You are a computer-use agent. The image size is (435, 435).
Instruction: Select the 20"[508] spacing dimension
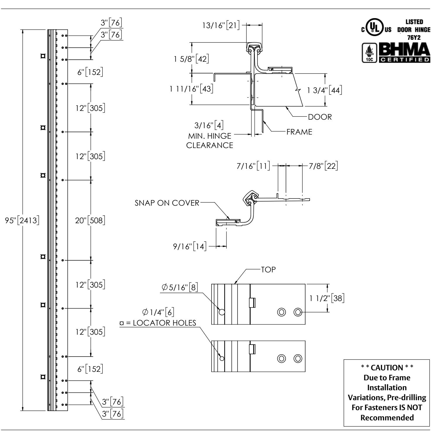90,220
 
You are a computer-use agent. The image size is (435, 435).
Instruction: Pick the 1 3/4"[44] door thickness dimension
325,90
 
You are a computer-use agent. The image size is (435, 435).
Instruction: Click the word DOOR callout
320,117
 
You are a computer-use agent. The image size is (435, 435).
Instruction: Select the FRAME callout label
299,132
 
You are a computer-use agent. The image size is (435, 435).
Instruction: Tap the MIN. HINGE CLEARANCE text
210,140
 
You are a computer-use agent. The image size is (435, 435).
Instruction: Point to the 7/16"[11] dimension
253,166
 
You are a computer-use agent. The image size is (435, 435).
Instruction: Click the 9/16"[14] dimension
190,247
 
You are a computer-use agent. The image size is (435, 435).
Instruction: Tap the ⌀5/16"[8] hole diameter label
180,288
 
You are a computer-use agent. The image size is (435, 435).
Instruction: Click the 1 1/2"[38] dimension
327,298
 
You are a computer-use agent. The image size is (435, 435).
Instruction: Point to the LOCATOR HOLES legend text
158,323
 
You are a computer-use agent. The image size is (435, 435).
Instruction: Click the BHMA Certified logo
396,53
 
